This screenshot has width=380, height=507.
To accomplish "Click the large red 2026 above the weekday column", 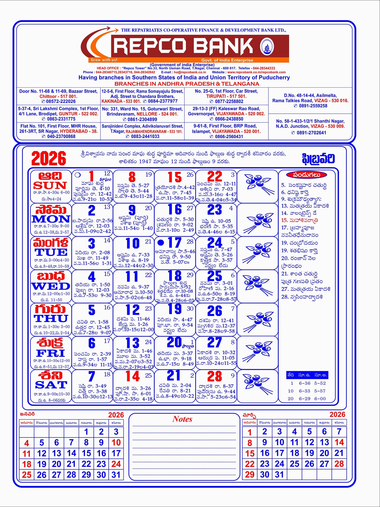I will click(49, 158).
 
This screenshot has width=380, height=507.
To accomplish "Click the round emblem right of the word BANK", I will click(267, 46).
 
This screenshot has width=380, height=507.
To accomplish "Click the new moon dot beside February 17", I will click(161, 242).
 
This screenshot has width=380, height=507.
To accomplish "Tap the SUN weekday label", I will click(50, 186).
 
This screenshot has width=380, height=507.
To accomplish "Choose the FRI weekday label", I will click(51, 353).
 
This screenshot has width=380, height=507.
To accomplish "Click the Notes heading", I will click(182, 419).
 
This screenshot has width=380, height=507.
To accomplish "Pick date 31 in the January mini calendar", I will click(116, 475).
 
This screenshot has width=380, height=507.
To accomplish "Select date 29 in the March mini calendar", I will click(250, 475).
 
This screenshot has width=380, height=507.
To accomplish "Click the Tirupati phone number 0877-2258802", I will click(229, 101).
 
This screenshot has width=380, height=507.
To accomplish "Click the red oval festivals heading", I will click(307, 175).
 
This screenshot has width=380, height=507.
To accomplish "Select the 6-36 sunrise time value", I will click(305, 383).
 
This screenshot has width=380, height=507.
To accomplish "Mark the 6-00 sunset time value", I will click(320, 399).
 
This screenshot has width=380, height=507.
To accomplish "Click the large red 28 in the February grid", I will click(214, 377).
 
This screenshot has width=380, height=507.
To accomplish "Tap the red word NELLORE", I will click(147, 114).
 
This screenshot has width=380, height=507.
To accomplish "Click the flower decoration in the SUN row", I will click(258, 184).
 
